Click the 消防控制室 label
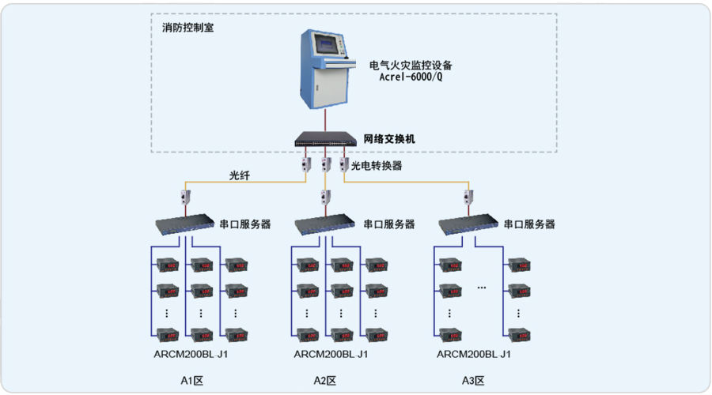point(187,28)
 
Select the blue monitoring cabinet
point(327,69)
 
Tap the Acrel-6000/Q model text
point(411,77)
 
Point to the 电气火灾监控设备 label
point(411,66)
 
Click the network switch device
point(326,139)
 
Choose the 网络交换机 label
point(389,139)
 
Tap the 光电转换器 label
point(377,166)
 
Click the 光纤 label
point(239,175)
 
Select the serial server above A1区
point(185,224)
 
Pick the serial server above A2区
point(324,224)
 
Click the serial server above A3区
point(468,224)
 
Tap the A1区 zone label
point(191,381)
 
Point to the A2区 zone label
point(324,381)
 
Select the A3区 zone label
point(473,381)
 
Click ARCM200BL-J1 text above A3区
point(474,354)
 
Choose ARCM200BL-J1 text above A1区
point(191,354)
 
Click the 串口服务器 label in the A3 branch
point(529,224)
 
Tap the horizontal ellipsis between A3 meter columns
point(482,288)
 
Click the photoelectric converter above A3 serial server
point(468,197)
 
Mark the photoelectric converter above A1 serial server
point(185,197)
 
